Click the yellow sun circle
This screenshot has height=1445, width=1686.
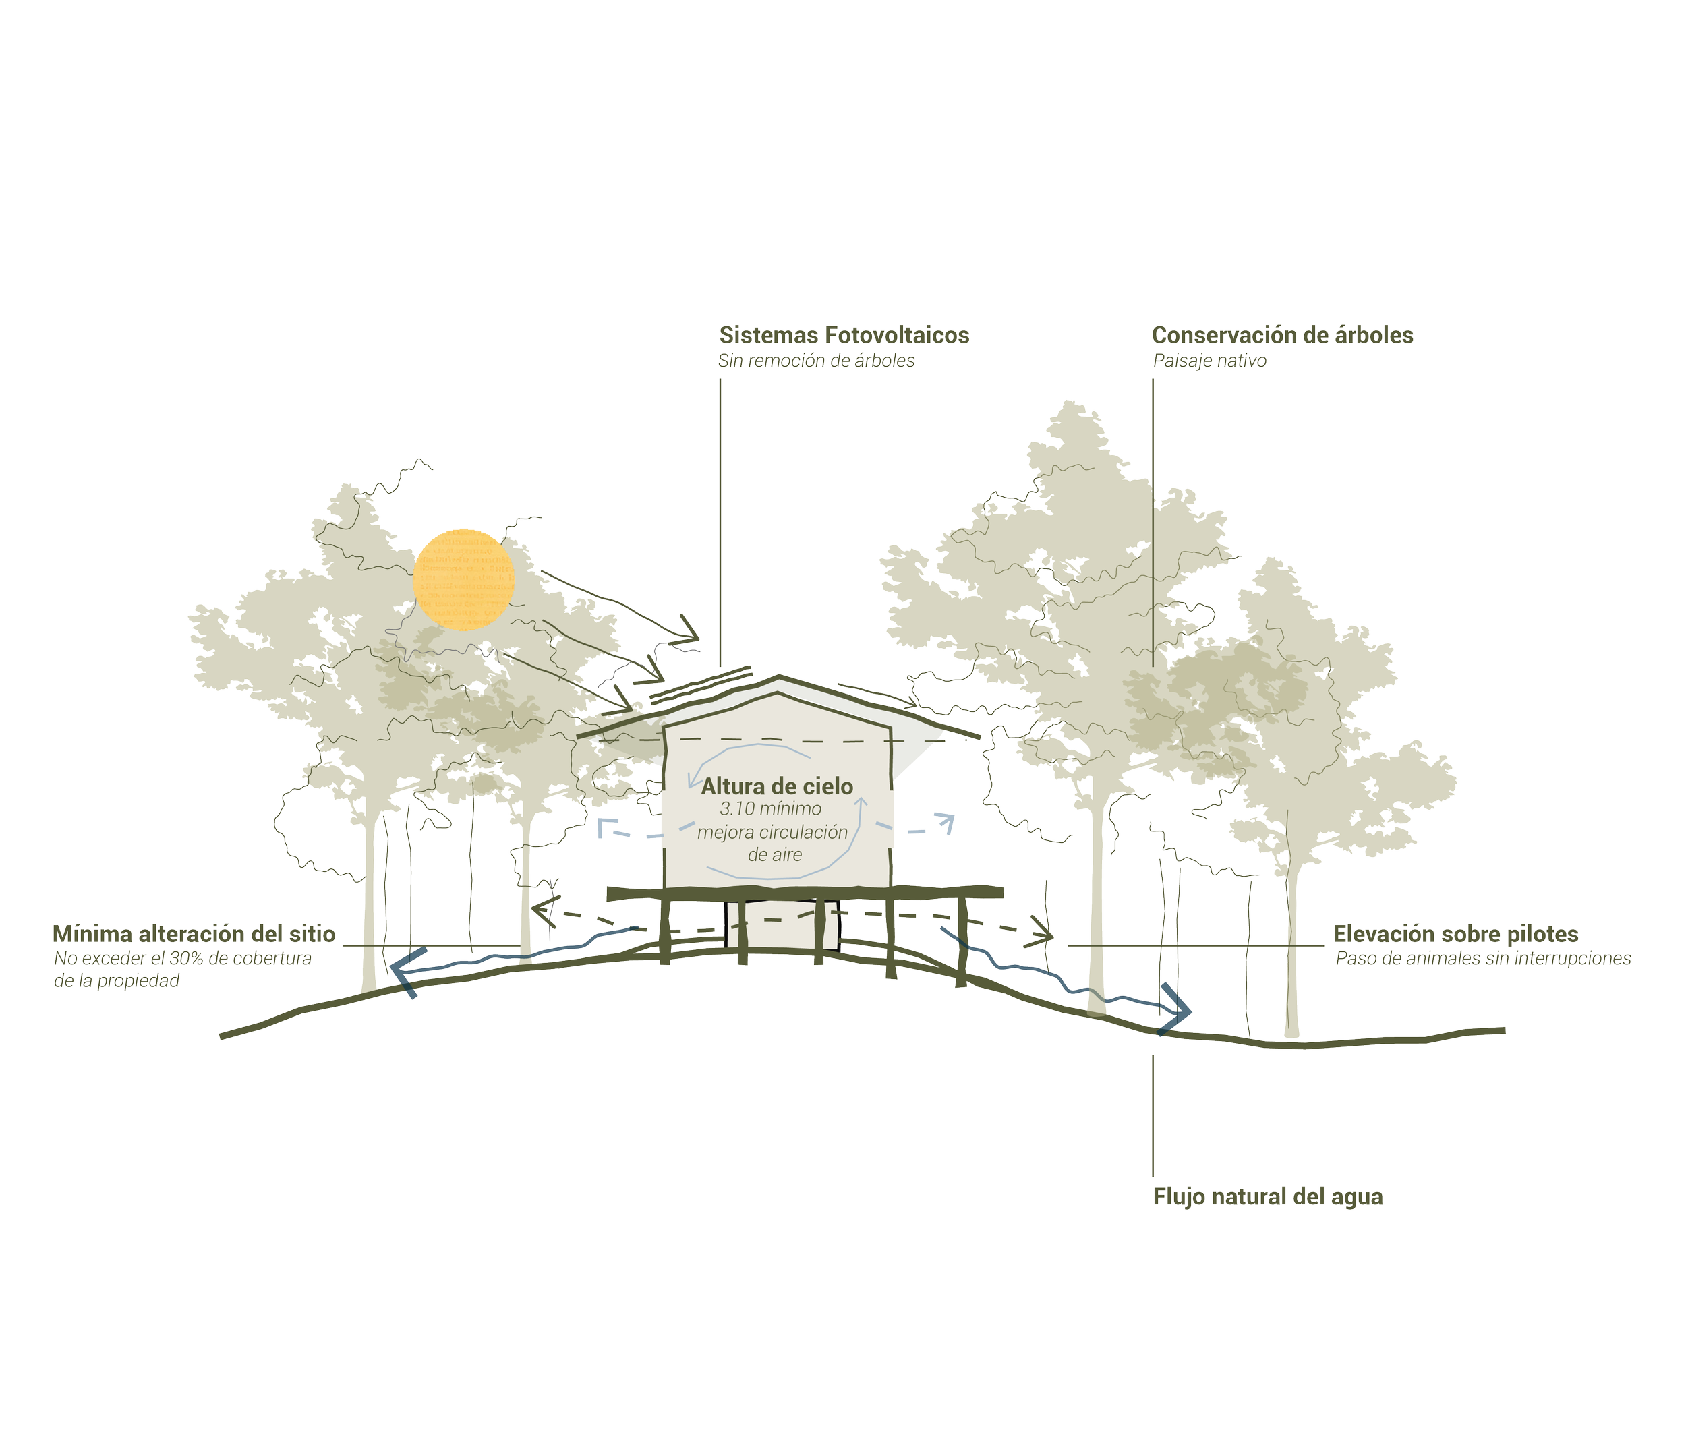coord(464,579)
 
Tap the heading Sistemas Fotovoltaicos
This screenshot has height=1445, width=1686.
coord(843,335)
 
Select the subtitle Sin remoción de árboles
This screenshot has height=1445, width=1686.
coord(815,361)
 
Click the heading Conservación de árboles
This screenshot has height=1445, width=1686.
coord(1283,335)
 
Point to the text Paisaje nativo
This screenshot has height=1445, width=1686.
coord(1209,361)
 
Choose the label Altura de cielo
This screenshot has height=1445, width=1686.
coord(777,786)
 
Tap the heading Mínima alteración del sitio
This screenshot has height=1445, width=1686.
coord(194,933)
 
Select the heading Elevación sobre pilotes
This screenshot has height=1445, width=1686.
coord(1456,934)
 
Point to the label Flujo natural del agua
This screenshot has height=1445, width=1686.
coord(1268,1197)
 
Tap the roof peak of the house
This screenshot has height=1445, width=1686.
coord(780,680)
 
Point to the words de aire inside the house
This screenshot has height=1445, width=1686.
coord(775,854)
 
